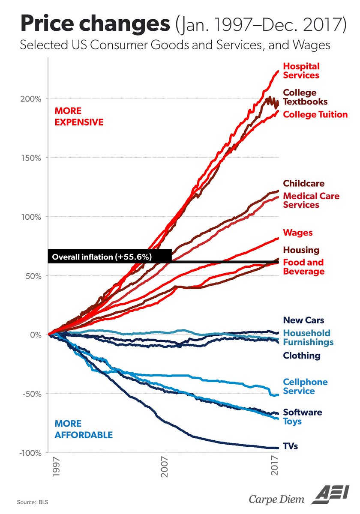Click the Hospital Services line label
coord(301,71)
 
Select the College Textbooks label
coord(305,97)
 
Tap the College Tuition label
coord(315,114)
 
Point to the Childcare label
coord(303,183)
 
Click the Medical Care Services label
coord(311,200)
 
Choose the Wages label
coord(297,233)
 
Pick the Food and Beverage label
coord(303,267)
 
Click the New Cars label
coord(303,320)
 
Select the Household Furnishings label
coord(308,338)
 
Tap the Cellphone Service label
coord(305,386)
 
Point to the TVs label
coord(290,446)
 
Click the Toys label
coord(292,421)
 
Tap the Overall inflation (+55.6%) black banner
coord(110,257)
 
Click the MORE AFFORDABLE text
coord(83,429)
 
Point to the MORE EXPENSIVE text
coord(79,116)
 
